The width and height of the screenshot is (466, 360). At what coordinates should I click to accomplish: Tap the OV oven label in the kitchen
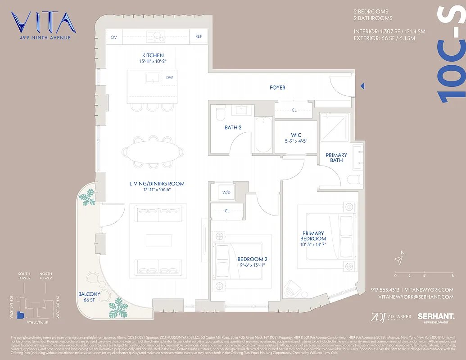[x=113, y=37]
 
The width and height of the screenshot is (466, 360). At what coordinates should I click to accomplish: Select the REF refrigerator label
[x=198, y=37]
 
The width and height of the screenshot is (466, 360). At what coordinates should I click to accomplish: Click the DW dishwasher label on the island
[x=169, y=78]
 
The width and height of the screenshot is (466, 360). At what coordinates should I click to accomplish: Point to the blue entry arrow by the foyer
[x=362, y=86]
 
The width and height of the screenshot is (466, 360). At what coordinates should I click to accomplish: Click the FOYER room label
[x=277, y=88]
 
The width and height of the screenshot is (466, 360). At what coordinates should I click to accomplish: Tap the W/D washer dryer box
[x=226, y=193]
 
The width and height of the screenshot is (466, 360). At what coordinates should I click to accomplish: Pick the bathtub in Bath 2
[x=263, y=135]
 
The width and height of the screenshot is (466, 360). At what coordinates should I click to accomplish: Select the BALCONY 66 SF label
[x=89, y=297]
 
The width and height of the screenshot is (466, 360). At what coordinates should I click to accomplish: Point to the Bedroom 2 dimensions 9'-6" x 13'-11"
[x=253, y=265]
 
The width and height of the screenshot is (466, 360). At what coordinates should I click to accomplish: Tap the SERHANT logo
[x=435, y=317]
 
